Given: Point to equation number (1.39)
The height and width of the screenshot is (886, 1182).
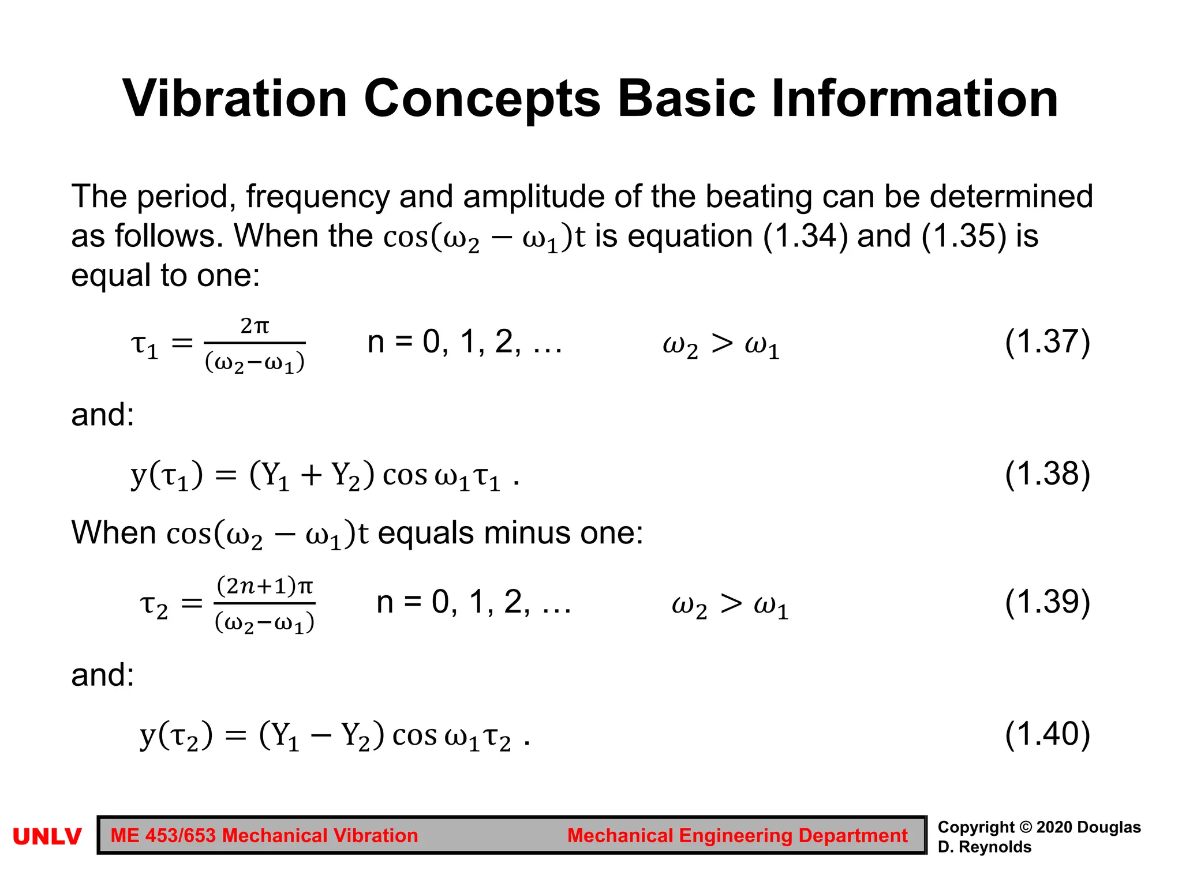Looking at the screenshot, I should pos(1047,602).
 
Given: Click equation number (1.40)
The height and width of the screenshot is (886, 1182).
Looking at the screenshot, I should pos(1047,734).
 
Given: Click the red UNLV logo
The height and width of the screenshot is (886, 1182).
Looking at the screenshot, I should pos(47,836).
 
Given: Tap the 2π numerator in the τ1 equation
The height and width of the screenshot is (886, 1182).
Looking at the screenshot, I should pos(255,326).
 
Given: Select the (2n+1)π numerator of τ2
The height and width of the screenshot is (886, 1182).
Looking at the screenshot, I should pos(264,586).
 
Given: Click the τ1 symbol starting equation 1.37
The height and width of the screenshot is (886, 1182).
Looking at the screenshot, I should pos(144,346).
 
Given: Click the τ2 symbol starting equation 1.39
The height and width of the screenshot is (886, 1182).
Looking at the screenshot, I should pos(154,606).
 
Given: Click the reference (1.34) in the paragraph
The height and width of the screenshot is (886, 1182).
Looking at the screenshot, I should pos(805,236).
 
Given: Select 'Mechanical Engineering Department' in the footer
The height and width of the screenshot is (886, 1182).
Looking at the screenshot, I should pos(737,836).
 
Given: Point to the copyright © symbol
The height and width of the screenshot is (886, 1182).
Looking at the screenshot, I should pos(1026,827).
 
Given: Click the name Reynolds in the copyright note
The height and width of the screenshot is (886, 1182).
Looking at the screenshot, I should pos(995,847).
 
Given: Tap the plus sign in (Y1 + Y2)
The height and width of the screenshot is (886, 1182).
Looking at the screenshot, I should pos(311,476).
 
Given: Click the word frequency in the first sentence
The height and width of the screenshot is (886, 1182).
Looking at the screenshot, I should pos(318,197).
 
